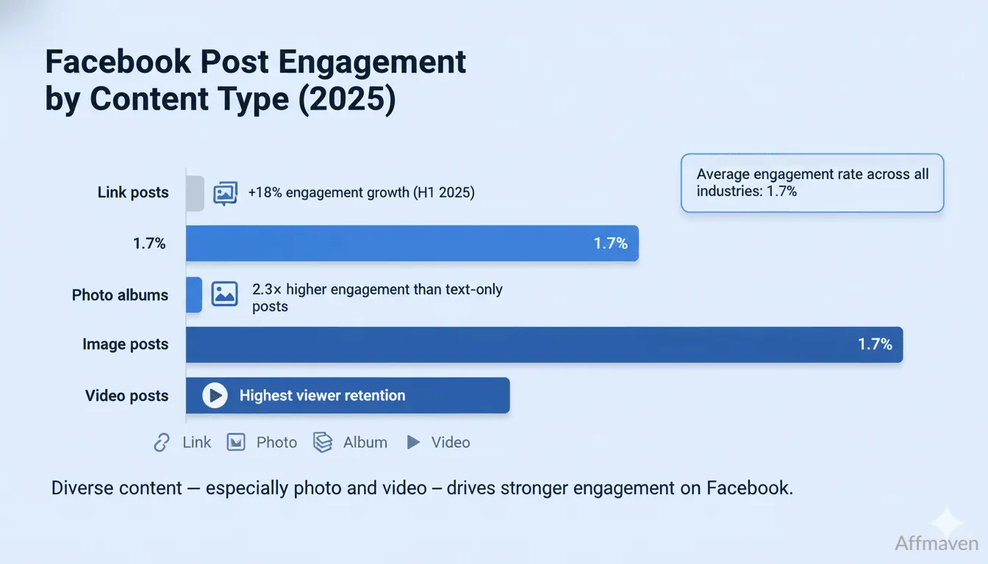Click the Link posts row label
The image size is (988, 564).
[133, 193]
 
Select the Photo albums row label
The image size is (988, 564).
[120, 295]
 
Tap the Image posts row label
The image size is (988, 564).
[125, 344]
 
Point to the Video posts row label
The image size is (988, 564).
[126, 396]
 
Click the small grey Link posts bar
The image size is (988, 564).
[195, 194]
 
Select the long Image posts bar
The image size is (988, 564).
[544, 344]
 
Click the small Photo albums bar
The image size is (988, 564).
[194, 294]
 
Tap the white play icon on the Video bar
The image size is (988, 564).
[215, 396]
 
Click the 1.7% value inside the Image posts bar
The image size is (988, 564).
[875, 344]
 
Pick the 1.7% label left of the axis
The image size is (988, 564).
[149, 244]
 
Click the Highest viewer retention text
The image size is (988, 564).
[322, 396]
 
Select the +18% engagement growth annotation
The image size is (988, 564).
[361, 193]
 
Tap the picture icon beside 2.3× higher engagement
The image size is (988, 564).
[224, 294]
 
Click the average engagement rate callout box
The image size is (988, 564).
[812, 183]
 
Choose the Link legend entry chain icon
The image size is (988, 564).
[162, 442]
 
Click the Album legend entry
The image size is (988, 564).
[351, 442]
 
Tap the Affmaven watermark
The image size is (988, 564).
[936, 543]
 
